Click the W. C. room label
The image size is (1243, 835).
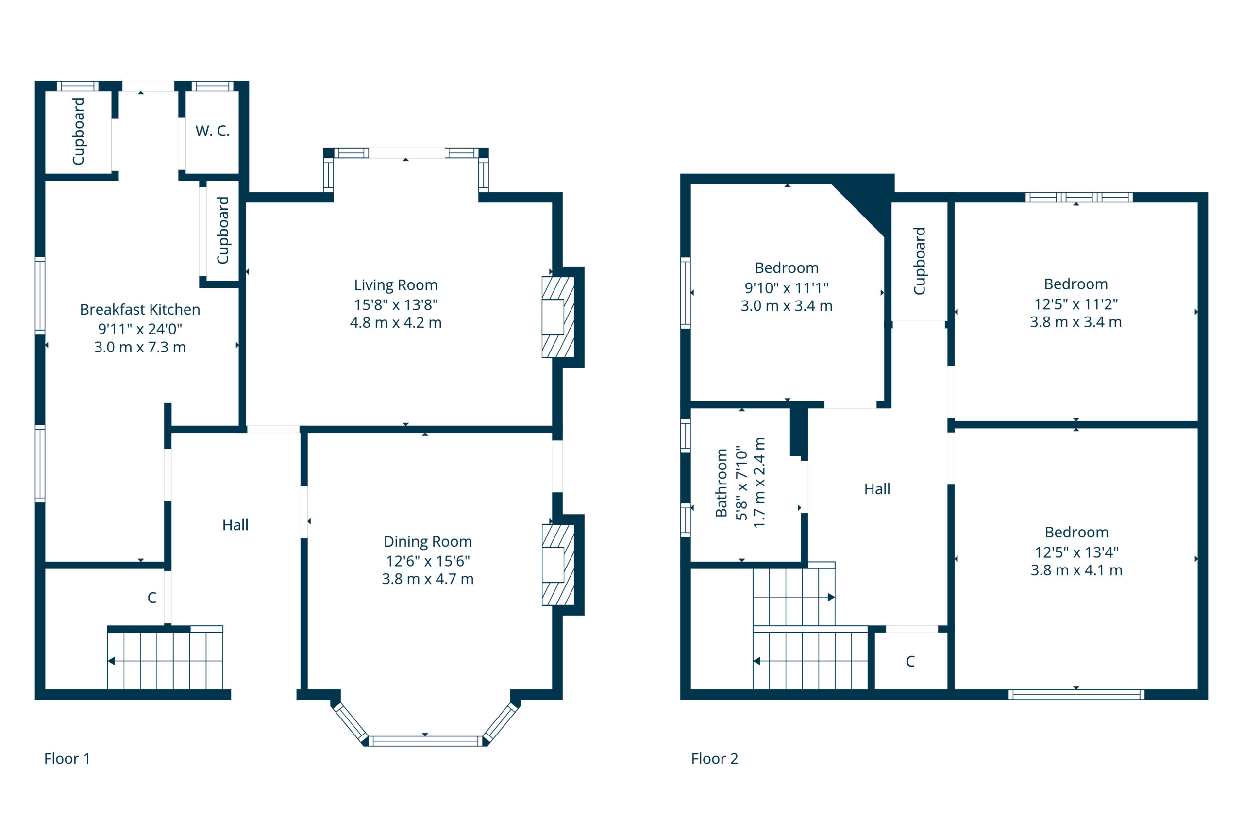click(213, 131)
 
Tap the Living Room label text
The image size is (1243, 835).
click(396, 285)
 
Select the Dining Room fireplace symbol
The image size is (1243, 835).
click(557, 565)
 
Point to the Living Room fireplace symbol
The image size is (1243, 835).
click(557, 317)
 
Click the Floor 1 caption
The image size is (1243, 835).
click(67, 758)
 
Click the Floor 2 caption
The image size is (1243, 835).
click(714, 758)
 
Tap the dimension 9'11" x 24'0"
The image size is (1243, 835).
click(140, 329)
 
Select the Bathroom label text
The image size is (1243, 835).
click(721, 483)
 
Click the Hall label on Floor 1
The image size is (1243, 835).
click(235, 525)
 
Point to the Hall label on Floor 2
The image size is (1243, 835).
click(877, 489)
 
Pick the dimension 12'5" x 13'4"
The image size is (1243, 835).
click(1076, 552)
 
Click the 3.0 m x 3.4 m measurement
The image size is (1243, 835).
click(787, 306)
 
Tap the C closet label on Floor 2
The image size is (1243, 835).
click(910, 661)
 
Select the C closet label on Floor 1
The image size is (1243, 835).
click(152, 598)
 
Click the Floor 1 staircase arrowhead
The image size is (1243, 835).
click(111, 661)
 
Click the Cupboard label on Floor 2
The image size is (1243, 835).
click(919, 261)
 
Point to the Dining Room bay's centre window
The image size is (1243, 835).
click(425, 741)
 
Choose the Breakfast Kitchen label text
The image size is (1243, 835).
click(140, 309)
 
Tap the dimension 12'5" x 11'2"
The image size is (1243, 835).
click(1076, 304)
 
